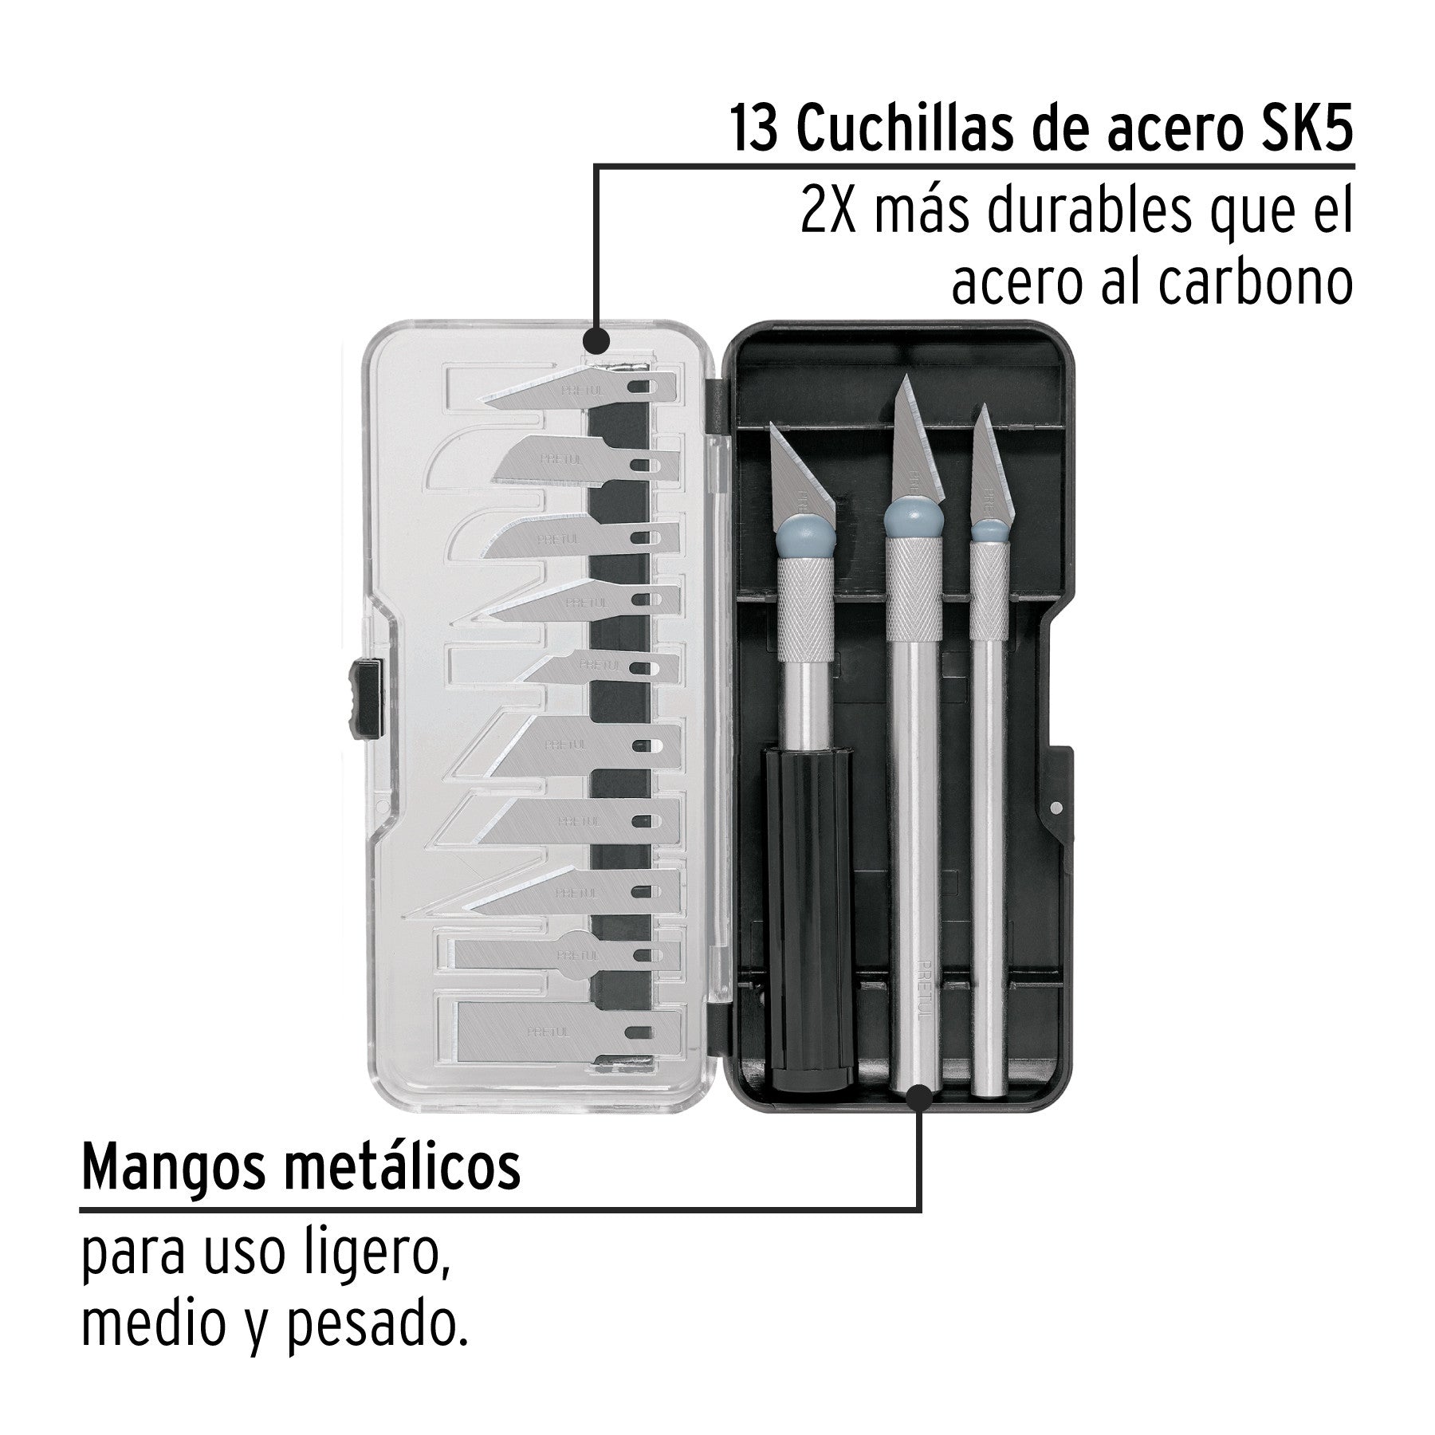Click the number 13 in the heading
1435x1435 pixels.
pos(751,130)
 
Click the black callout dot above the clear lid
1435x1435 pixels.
pos(596,341)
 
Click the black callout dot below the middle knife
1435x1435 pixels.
pos(920,1099)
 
